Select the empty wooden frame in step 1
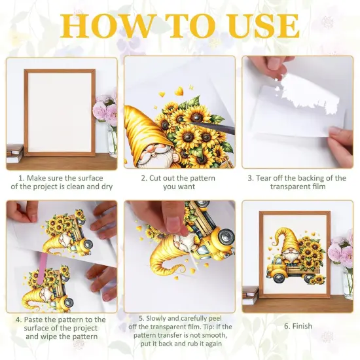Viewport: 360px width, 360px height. [60, 112]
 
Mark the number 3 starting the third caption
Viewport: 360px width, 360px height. [249, 178]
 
